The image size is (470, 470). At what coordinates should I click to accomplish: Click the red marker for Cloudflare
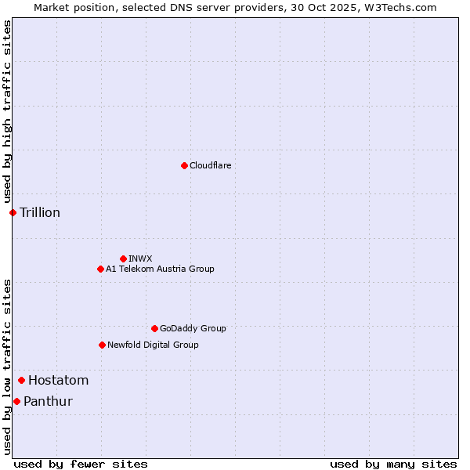[184, 165]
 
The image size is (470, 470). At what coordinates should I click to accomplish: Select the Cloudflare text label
[210, 165]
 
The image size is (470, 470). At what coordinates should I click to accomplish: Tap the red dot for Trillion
[13, 212]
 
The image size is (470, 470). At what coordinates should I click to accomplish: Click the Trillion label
[40, 212]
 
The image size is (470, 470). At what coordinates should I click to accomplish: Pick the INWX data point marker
[123, 258]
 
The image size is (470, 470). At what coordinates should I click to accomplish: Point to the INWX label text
[140, 258]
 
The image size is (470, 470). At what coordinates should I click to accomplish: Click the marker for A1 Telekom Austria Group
[100, 269]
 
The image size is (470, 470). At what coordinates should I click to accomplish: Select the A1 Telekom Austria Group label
[160, 269]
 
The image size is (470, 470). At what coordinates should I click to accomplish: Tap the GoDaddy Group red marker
[154, 328]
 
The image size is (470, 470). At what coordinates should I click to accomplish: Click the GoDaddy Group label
[193, 328]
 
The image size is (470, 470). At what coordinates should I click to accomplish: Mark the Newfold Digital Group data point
[102, 345]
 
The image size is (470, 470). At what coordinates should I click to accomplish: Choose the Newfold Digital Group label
[153, 345]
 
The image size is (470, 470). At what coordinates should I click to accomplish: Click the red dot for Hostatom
[21, 381]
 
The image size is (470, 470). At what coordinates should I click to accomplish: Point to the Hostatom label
[58, 381]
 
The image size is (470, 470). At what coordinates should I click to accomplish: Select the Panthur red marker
[16, 401]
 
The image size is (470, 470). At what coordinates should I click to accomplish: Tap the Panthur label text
[48, 401]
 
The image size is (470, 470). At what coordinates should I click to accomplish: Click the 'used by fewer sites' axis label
[81, 464]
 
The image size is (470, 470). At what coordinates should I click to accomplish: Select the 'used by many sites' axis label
[392, 464]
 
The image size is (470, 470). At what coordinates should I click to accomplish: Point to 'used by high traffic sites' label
[7, 112]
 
